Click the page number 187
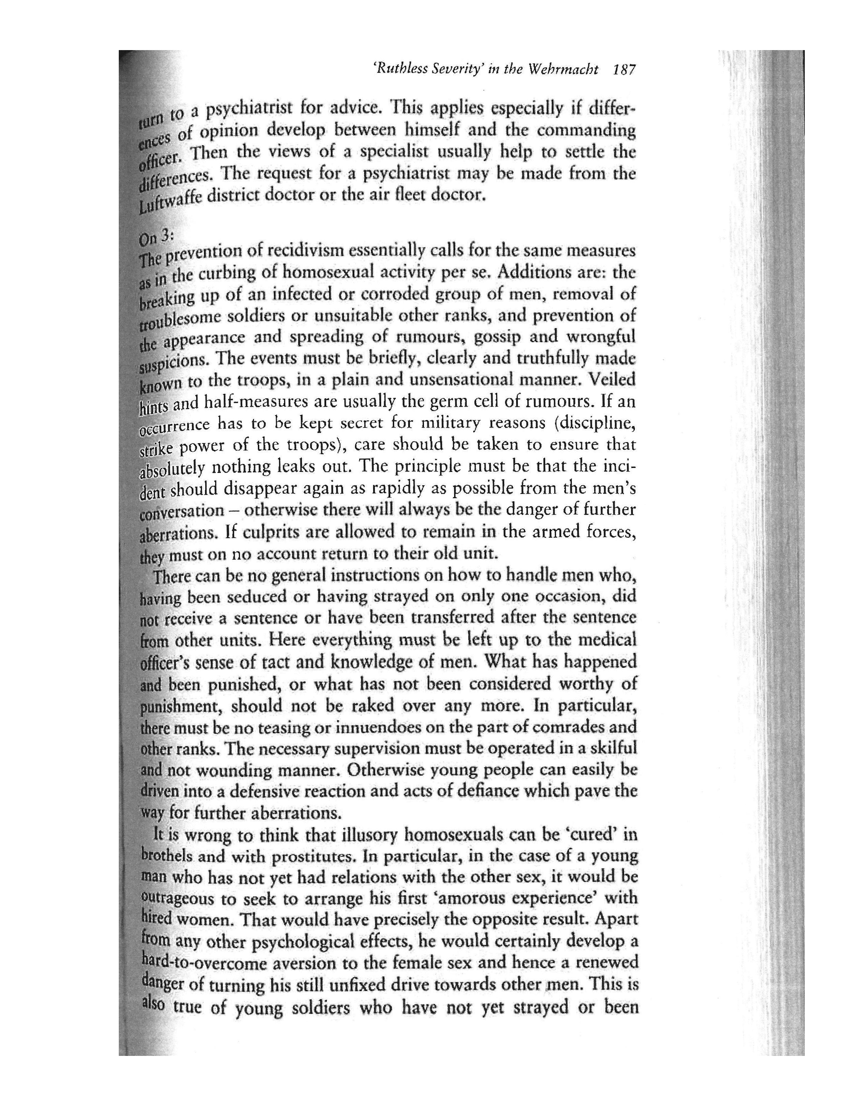[624, 69]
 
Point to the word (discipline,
[595, 423]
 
